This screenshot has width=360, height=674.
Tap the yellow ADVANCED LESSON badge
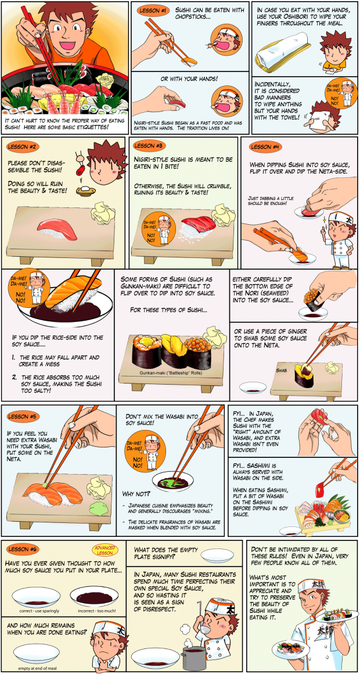pos(104,551)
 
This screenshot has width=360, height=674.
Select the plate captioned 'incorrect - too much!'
pos(94,597)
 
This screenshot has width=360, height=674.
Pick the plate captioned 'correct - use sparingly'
pos(36,597)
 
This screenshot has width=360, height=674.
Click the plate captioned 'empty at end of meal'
pos(36,653)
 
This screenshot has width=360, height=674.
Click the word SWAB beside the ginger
pos(282,369)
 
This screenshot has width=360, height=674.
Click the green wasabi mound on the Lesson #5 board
pos(99,511)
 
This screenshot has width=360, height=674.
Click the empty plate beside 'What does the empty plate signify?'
pos(217,556)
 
